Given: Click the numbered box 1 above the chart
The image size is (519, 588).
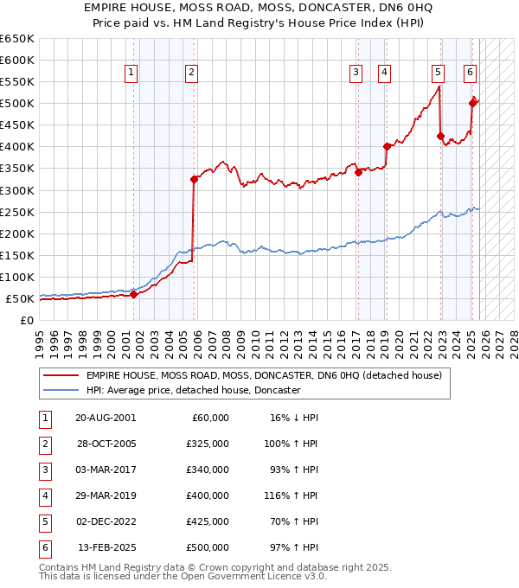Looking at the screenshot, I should point(130,73).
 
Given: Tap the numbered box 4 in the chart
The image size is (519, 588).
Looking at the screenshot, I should point(383,73).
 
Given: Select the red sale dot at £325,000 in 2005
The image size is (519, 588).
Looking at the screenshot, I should point(194,179).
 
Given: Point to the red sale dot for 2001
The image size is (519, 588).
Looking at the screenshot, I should point(134,294).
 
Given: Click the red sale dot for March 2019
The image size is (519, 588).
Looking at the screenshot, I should point(387,146).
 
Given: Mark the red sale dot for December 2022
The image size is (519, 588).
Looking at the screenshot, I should point(440,136).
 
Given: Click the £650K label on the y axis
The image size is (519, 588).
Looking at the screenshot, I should point(17,39).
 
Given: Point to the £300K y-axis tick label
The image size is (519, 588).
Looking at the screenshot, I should point(17,190).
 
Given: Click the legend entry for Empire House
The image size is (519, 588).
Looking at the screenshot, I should point(264,375).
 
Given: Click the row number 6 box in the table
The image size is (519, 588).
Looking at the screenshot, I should point(43,548).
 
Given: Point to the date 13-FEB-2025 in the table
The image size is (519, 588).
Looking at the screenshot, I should point(106,548).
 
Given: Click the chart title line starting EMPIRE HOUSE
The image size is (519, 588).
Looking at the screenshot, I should point(259,7).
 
